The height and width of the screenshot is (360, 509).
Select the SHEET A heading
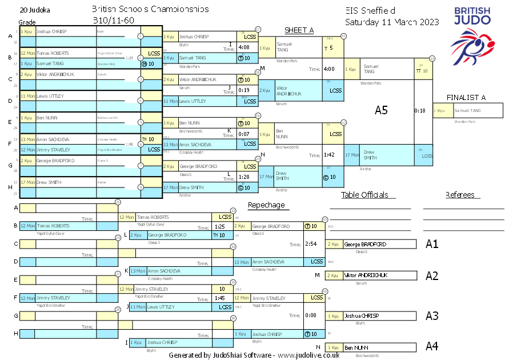click(x=299, y=30)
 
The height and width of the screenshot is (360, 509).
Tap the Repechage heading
click(x=266, y=205)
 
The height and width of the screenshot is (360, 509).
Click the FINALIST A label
click(x=466, y=97)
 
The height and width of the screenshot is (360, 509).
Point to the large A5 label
click(x=381, y=110)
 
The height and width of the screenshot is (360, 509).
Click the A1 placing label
click(x=432, y=244)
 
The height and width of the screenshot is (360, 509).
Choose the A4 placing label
click(x=432, y=346)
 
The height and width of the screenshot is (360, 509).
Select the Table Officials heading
click(x=364, y=195)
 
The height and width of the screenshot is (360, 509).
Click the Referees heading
click(x=460, y=195)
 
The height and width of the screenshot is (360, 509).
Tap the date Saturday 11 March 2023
click(x=392, y=22)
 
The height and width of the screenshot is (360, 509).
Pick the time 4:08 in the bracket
click(x=244, y=47)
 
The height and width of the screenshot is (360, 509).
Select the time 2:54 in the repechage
click(x=311, y=244)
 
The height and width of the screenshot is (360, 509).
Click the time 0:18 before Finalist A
click(x=420, y=110)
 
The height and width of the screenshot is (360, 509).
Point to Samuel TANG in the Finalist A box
click(x=467, y=111)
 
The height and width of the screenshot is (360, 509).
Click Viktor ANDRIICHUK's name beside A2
click(x=366, y=275)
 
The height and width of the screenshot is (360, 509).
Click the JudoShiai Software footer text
click(x=254, y=355)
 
